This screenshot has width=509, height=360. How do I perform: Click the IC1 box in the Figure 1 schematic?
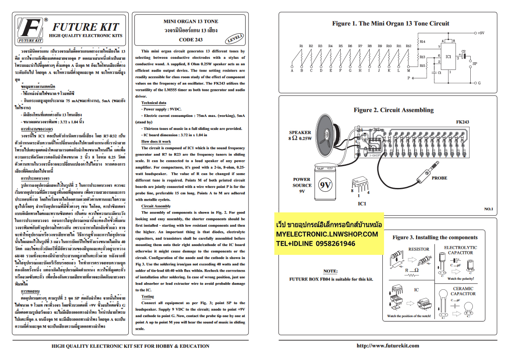coord(448,56)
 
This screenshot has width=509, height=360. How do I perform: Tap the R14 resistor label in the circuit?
coord(422,42)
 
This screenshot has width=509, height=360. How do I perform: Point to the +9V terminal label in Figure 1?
coord(481,32)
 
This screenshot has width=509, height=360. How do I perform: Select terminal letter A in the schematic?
coord(292,71)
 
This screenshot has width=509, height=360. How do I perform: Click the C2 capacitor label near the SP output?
coord(464,51)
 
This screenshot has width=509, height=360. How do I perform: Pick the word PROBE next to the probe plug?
coord(439,178)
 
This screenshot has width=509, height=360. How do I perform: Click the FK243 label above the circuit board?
coord(462,122)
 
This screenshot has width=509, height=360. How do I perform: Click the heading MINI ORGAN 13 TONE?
coord(191,21)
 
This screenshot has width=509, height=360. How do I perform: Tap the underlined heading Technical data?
coord(154,103)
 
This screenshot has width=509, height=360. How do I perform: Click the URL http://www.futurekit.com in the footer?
coord(387,346)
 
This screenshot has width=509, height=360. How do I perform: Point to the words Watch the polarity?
coord(461,278)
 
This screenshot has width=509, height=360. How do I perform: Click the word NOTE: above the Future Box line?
coord(330,271)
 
